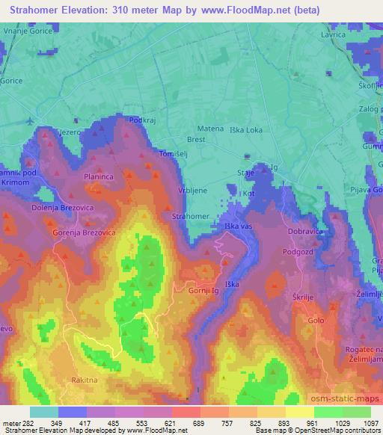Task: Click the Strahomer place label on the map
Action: (190, 216)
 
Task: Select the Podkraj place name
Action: (141, 120)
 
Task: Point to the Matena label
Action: (210, 129)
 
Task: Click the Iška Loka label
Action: (245, 129)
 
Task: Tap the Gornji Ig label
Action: (203, 289)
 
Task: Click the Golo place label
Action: (316, 320)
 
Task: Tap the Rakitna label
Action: (85, 380)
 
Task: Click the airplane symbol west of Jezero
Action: (29, 120)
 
